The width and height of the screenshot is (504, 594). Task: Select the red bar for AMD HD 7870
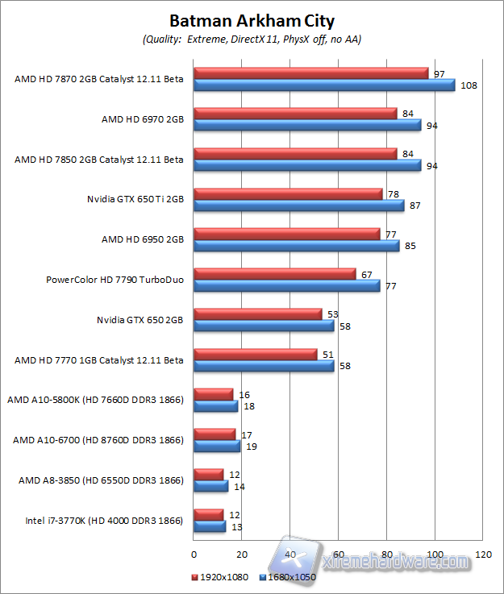coord(311,73)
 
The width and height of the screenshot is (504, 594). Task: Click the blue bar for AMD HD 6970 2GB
coord(307,125)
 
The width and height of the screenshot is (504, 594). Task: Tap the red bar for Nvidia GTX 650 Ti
coord(288,194)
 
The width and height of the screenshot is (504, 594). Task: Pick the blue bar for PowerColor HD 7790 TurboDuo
coord(286,285)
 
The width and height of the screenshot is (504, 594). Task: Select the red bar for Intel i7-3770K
coord(209,514)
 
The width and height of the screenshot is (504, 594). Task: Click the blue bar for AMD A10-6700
coord(217,446)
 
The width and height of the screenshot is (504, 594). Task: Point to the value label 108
coord(469,85)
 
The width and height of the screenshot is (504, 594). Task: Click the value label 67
coord(366,275)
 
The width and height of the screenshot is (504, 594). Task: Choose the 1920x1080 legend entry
coord(220,577)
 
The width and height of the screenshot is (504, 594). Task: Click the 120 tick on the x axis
coord(483,555)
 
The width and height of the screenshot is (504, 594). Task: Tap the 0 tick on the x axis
coord(194,555)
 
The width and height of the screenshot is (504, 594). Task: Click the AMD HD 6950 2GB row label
coord(142,239)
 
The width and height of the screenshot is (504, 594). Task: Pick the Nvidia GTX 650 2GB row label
coord(140,320)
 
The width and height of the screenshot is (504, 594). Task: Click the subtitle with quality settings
coord(252,39)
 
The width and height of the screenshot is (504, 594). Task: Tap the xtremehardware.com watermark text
coord(395,562)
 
